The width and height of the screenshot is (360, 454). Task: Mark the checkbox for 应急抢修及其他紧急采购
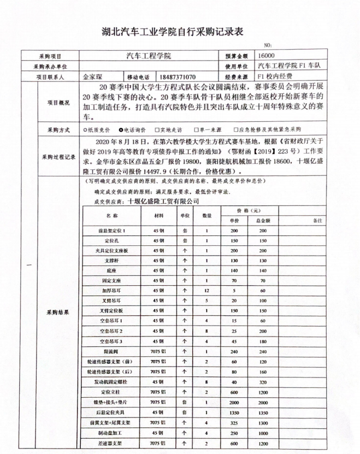click(x=235, y=130)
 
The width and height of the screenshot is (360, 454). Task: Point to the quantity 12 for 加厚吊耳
click(x=207, y=290)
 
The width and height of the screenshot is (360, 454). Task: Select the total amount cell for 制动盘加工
click(x=263, y=433)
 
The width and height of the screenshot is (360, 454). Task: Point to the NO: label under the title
click(x=267, y=45)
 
